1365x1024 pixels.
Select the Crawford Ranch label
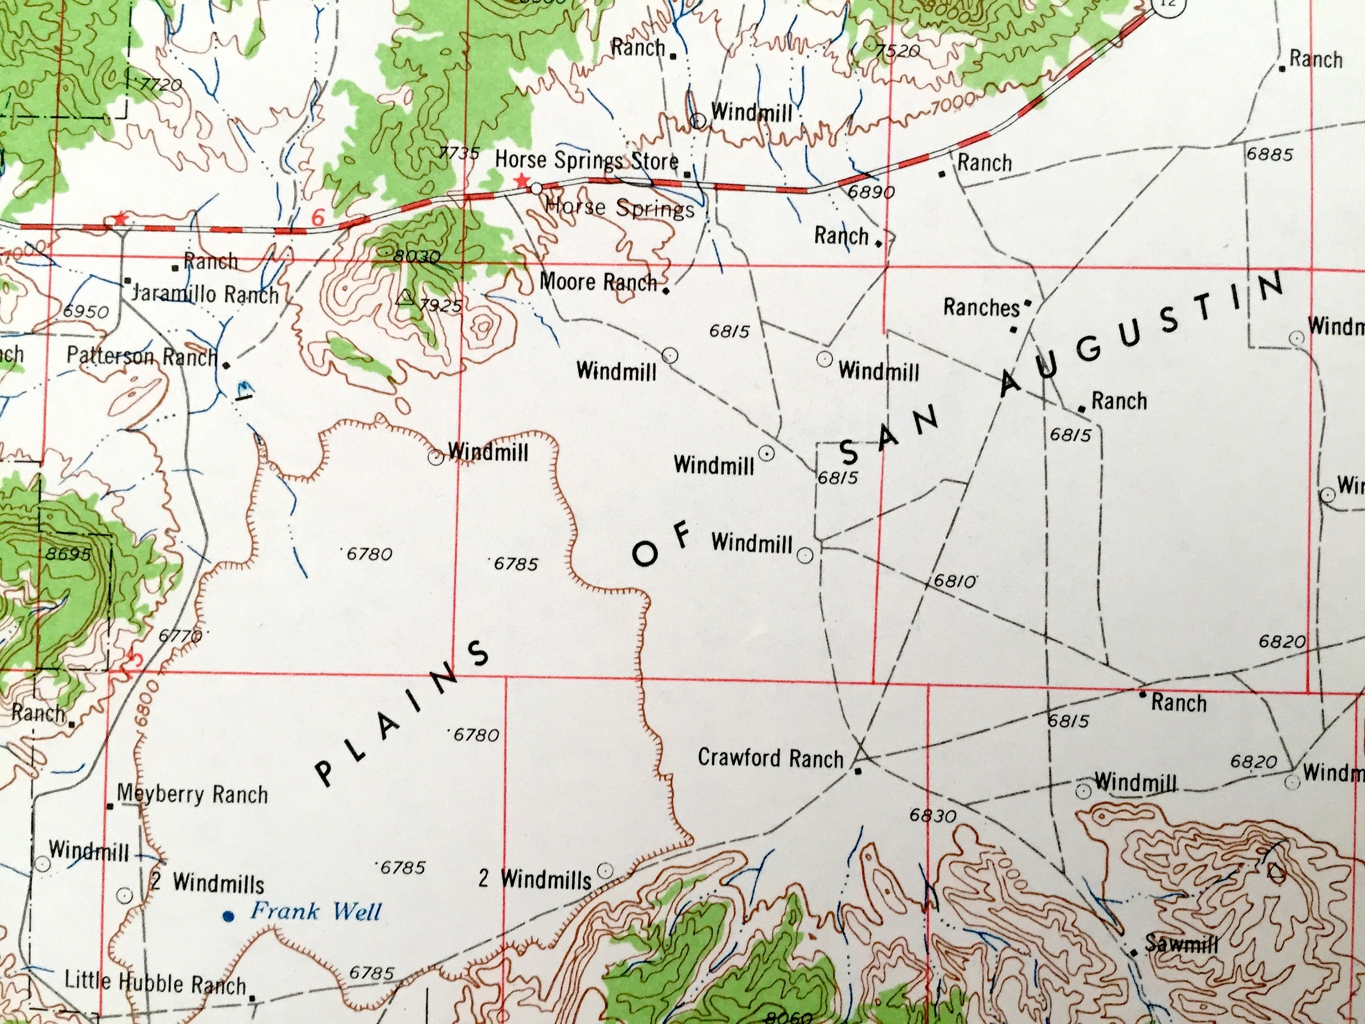pos(770,757)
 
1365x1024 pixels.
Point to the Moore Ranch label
pos(598,283)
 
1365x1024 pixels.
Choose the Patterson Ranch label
pos(142,356)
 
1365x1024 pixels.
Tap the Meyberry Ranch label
pos(192,794)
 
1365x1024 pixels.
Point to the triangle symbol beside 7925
pos(405,299)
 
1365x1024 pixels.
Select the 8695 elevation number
pos(68,554)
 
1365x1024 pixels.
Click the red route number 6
pos(317,217)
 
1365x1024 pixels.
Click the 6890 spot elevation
pos(871,192)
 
